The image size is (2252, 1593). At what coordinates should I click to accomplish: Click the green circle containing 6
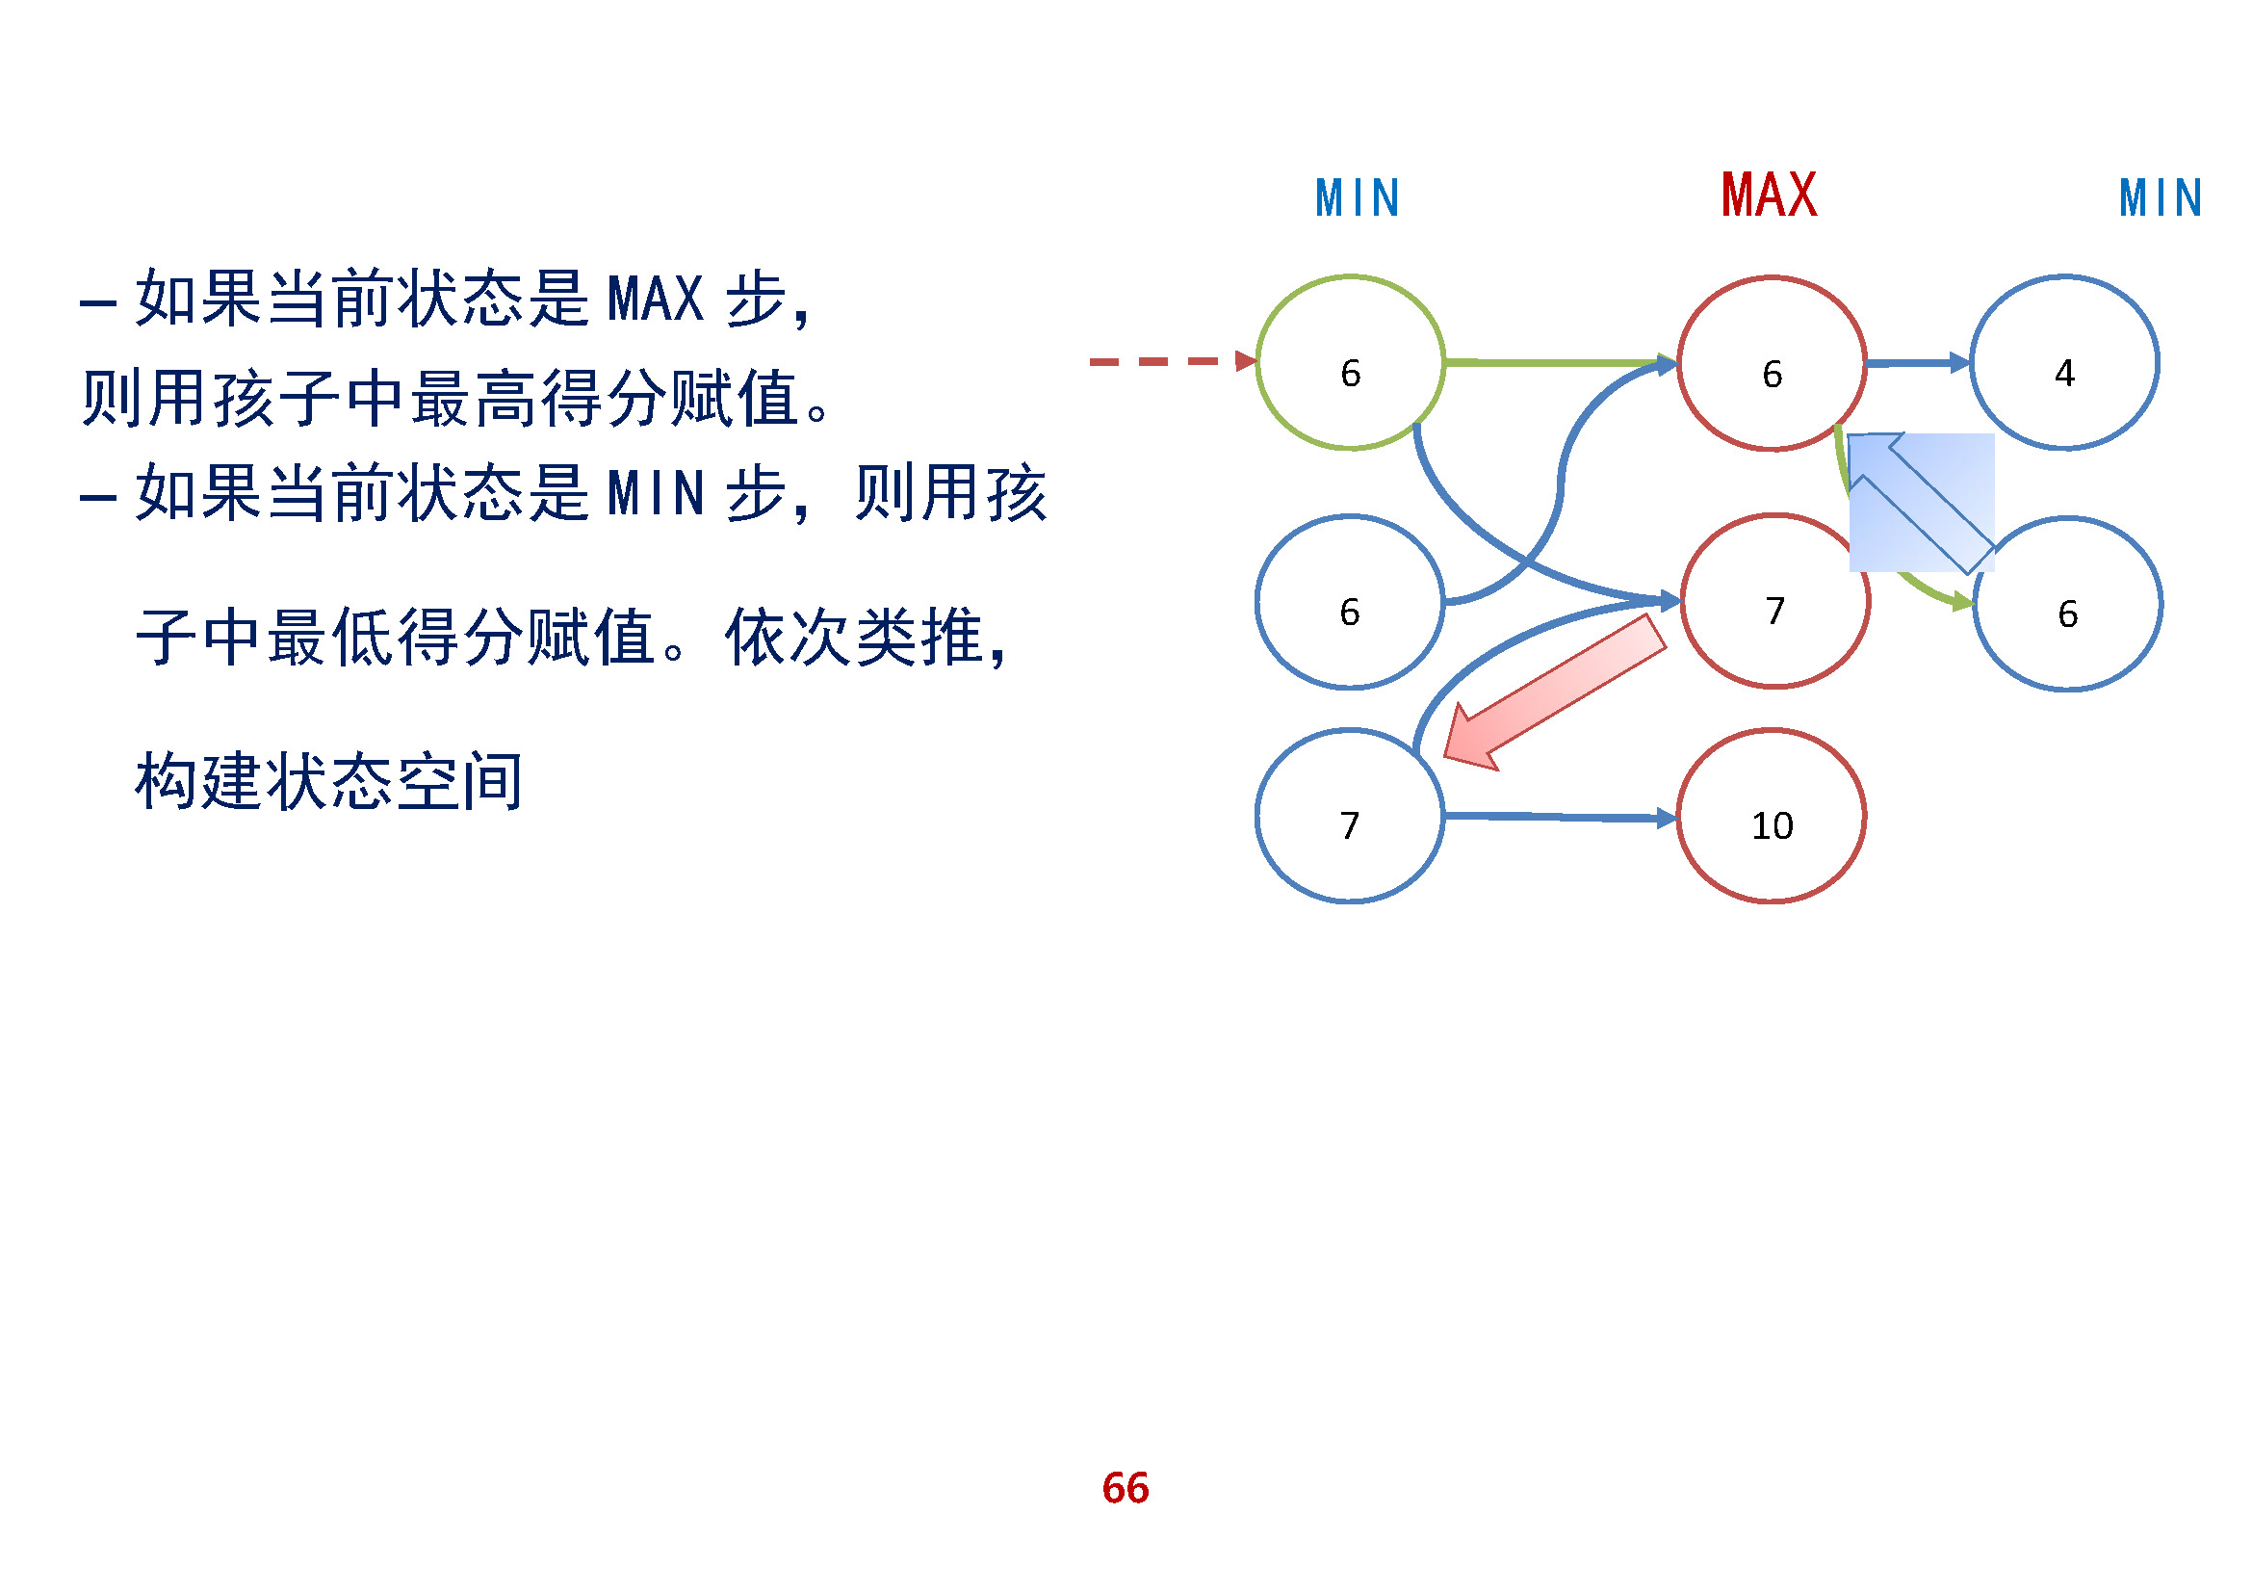pyautogui.click(x=1351, y=363)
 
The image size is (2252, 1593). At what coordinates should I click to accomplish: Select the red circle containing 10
pyautogui.click(x=1772, y=816)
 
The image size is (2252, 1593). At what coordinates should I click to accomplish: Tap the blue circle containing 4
pyautogui.click(x=2064, y=363)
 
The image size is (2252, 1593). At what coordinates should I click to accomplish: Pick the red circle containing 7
pyautogui.click(x=1775, y=601)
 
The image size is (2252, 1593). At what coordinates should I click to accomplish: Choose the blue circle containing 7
pyautogui.click(x=1350, y=816)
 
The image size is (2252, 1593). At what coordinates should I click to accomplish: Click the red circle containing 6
pyautogui.click(x=1772, y=364)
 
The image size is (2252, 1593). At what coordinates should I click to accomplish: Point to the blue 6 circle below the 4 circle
pyautogui.click(x=2067, y=604)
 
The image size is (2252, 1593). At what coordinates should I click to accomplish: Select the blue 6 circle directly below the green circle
pyautogui.click(x=1350, y=602)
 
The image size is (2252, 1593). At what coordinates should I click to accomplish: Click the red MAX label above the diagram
pyautogui.click(x=1770, y=196)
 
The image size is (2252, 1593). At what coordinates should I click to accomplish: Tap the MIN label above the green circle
pyautogui.click(x=1358, y=198)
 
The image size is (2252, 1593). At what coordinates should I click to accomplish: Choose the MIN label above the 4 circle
pyautogui.click(x=2161, y=198)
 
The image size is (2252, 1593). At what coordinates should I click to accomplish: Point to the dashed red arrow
pyautogui.click(x=1172, y=362)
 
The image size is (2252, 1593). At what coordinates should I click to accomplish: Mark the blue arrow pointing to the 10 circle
pyautogui.click(x=1560, y=817)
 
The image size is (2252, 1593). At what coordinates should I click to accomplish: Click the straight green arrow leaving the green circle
pyautogui.click(x=1560, y=362)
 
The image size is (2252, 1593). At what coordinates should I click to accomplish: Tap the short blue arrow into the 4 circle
pyautogui.click(x=1918, y=363)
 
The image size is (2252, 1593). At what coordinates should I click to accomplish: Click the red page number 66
pyautogui.click(x=1125, y=1488)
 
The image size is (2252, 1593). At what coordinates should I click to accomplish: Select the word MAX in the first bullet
pyautogui.click(x=656, y=300)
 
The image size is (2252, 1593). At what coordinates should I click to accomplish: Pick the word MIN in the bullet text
pyautogui.click(x=656, y=493)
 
